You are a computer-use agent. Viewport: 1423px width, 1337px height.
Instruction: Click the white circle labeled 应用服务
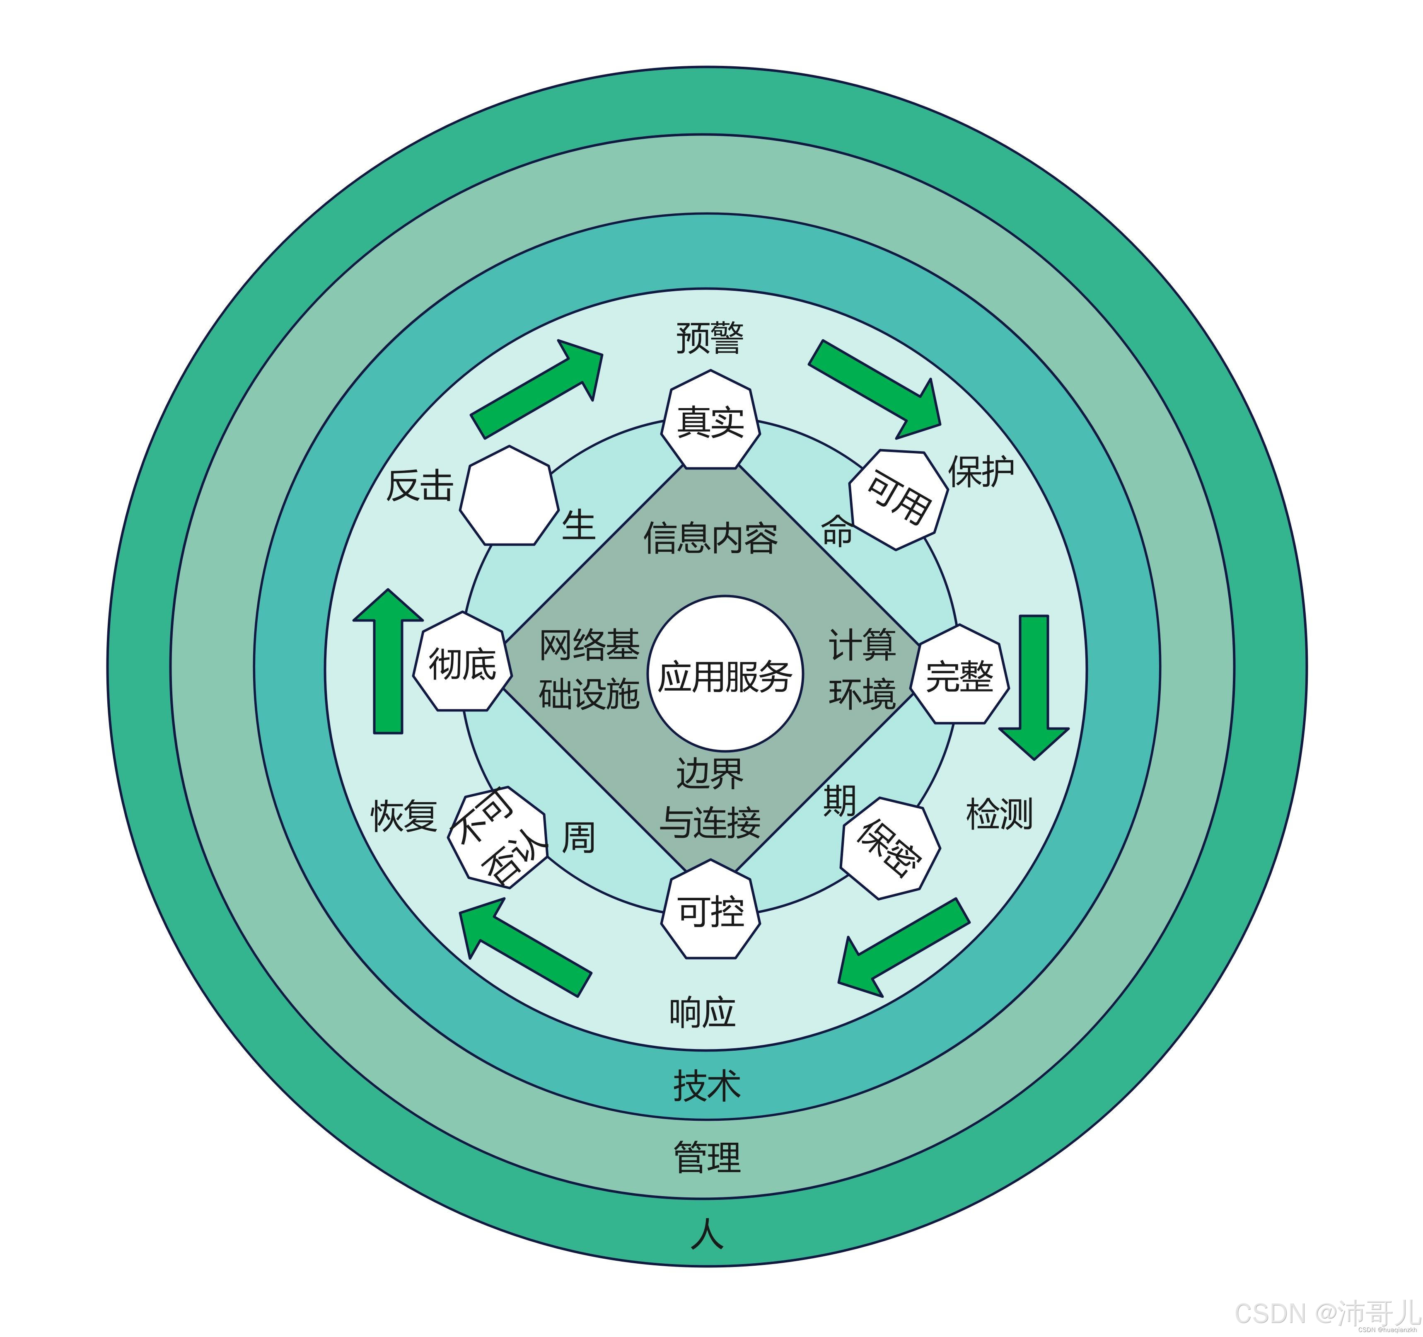pyautogui.click(x=725, y=674)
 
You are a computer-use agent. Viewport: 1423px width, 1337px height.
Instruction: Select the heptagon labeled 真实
pyautogui.click(x=710, y=421)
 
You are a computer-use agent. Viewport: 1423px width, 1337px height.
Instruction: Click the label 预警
pyautogui.click(x=710, y=338)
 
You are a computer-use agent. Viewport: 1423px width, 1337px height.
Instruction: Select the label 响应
pyautogui.click(x=702, y=1013)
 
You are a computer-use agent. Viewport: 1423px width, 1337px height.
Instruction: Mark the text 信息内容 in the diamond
pyautogui.click(x=710, y=537)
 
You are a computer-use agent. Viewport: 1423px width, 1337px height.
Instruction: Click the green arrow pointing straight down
pyautogui.click(x=1034, y=684)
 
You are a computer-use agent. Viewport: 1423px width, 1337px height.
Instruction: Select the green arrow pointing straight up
pyautogui.click(x=388, y=662)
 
